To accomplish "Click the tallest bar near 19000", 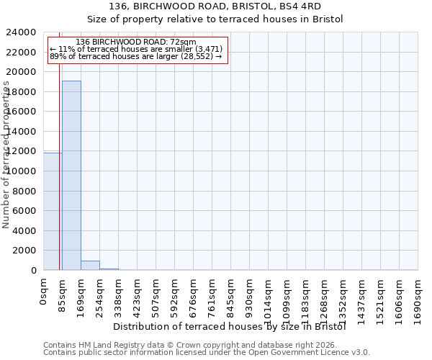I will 71,175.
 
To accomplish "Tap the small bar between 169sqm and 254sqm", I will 90,265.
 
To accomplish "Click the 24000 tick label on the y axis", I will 22,32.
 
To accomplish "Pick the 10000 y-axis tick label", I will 22,171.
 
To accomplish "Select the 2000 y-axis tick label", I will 25,251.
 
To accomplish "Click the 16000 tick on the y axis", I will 22,112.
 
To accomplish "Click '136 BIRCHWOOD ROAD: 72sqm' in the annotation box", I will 135,42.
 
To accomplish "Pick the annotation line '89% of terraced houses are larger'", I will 135,56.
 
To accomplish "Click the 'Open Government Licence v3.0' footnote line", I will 207,353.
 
